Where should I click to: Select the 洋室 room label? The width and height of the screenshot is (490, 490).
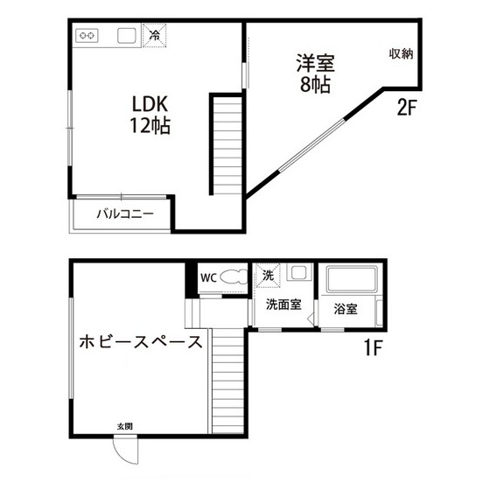315,64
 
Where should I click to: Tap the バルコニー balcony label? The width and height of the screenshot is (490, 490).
125,213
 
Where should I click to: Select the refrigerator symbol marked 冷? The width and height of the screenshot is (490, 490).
155,36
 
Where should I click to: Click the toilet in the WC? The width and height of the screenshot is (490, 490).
232,277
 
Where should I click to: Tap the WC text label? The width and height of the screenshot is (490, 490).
208,278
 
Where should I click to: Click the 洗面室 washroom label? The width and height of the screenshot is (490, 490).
283,304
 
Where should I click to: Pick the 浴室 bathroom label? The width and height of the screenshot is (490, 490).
346,309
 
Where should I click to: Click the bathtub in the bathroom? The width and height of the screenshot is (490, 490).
351,281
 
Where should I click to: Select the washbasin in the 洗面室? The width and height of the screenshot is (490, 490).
297,273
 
